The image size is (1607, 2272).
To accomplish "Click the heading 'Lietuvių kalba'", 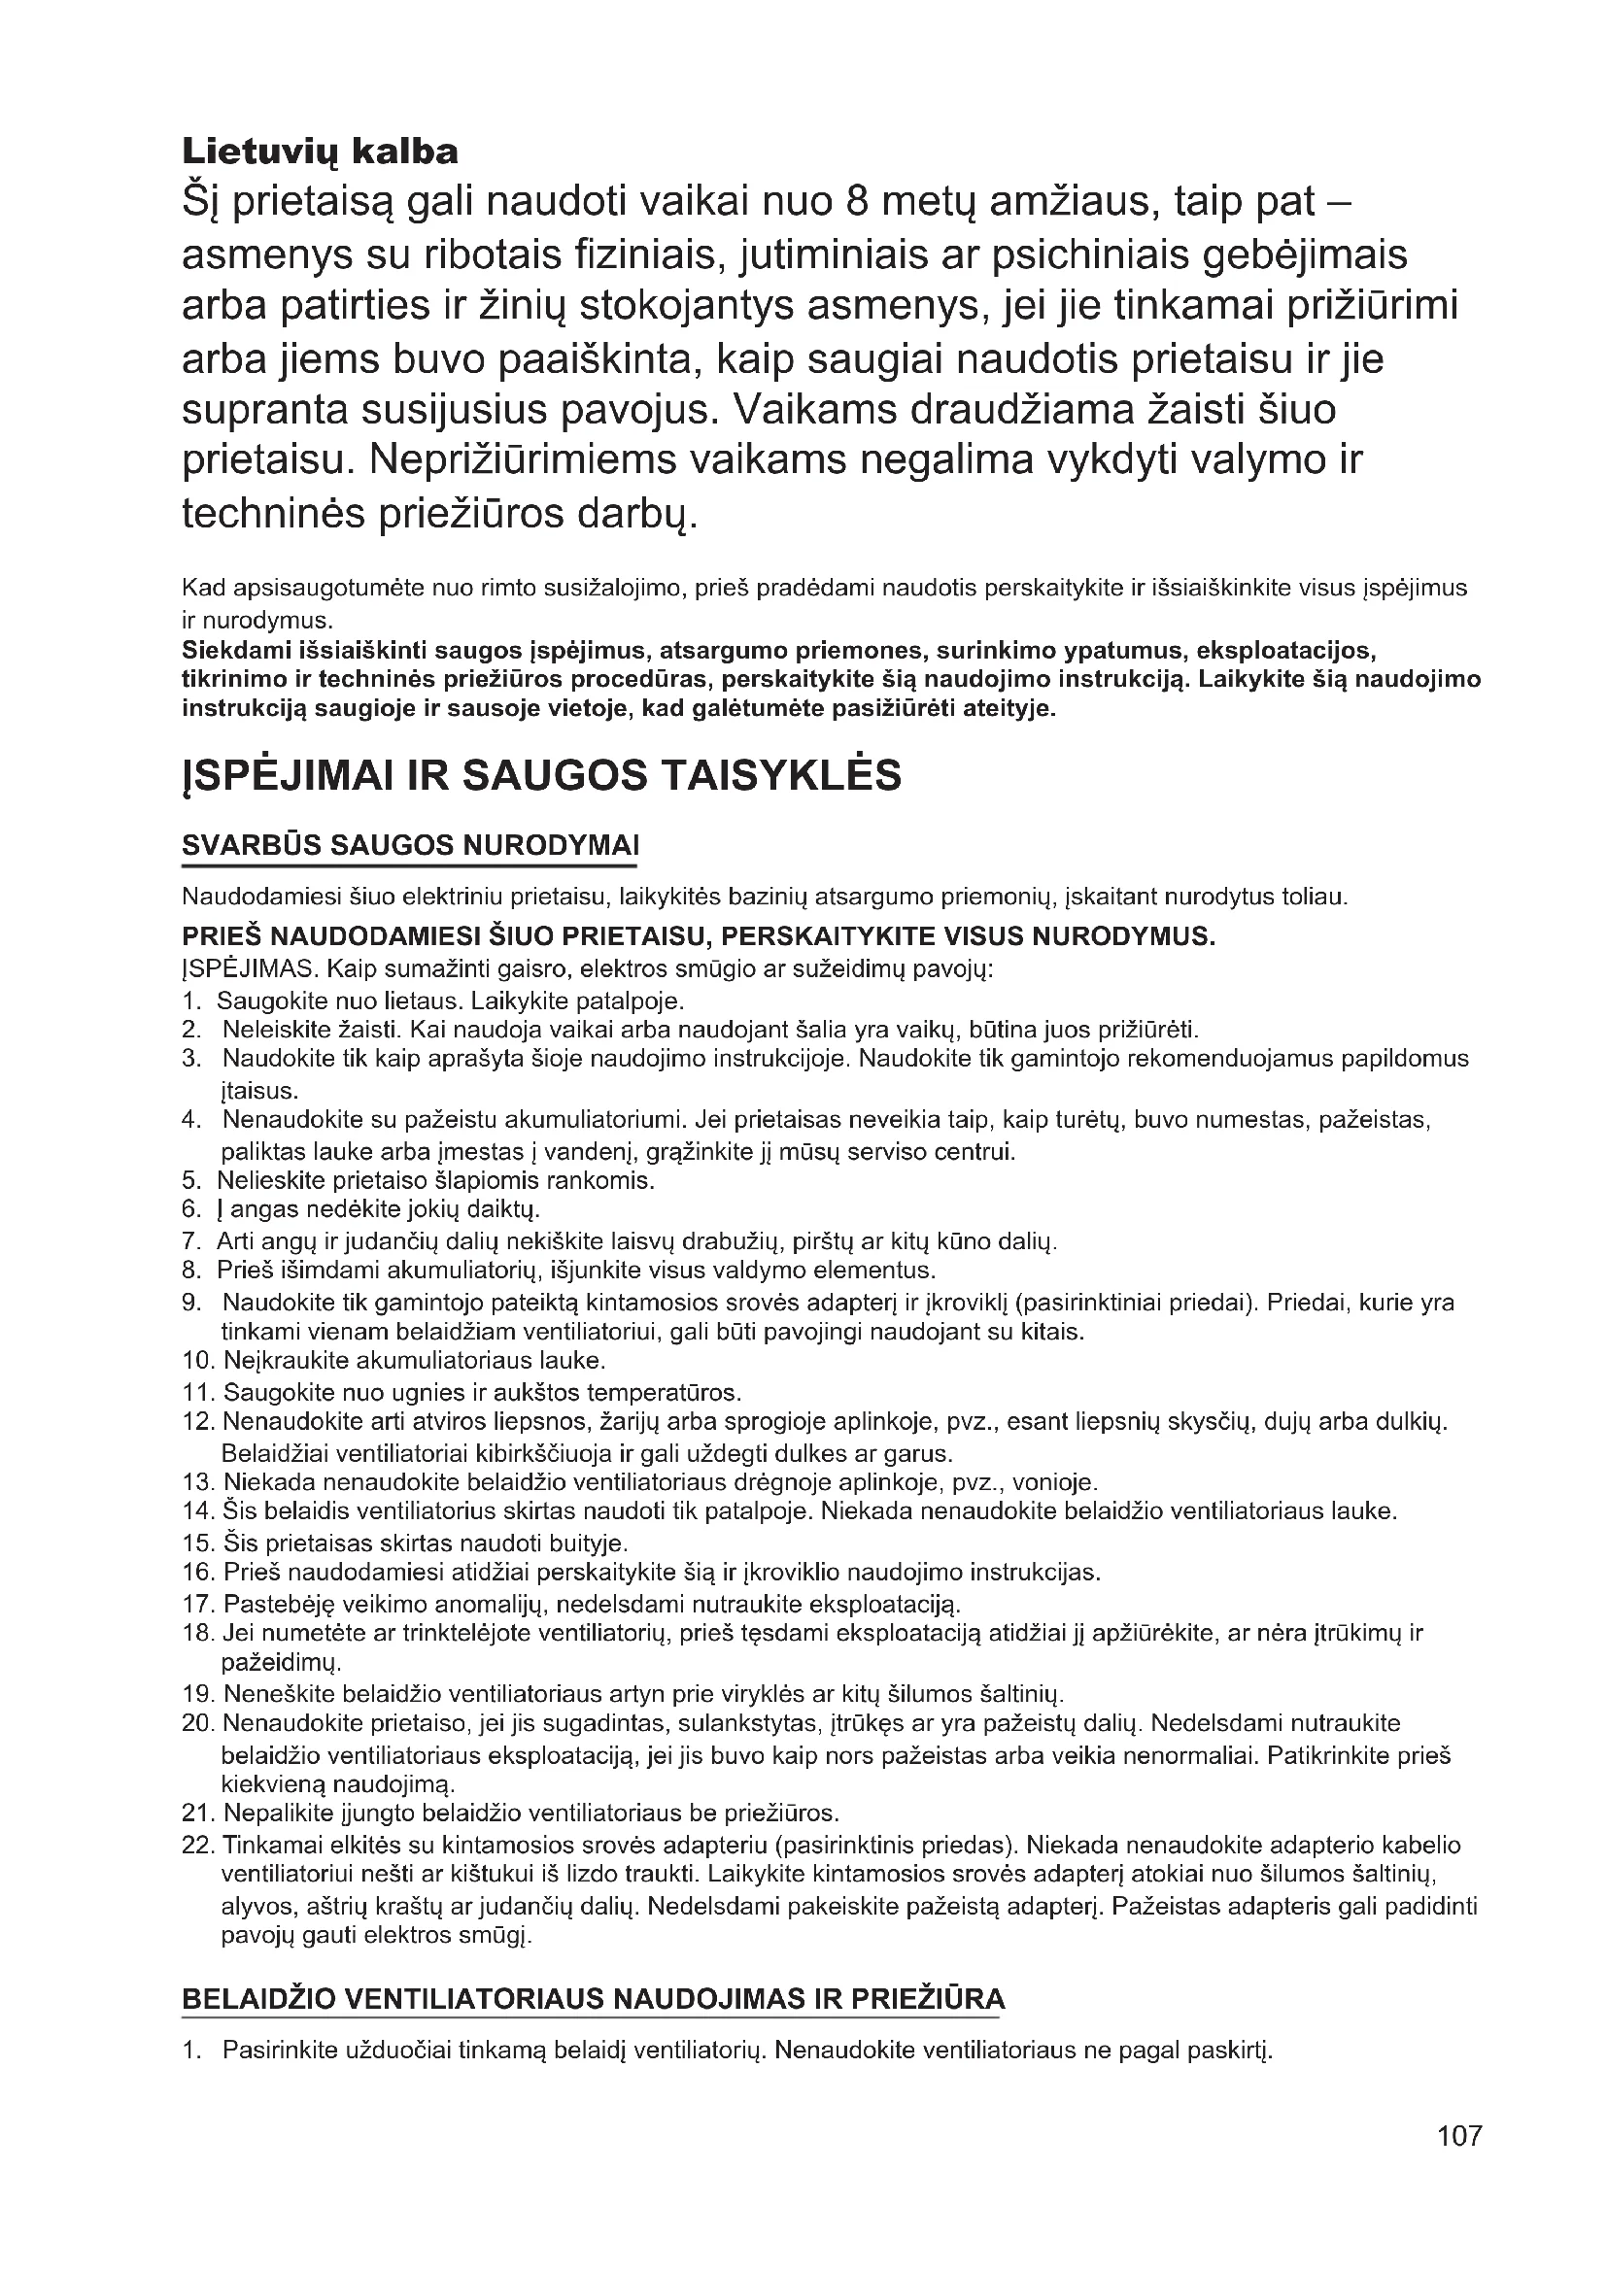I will (320, 152).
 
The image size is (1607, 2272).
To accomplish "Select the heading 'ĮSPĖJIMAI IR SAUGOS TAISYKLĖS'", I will (541, 775).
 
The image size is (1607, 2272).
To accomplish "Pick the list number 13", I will (198, 1482).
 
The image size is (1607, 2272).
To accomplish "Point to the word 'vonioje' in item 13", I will (1058, 1482).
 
